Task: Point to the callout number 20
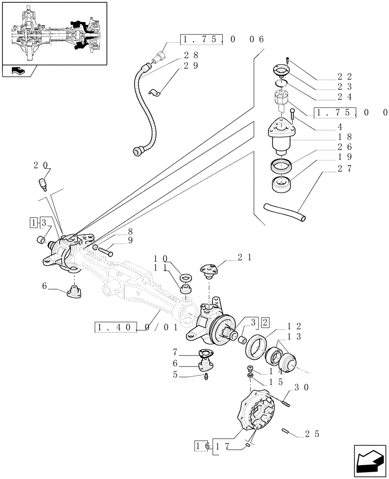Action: (41, 165)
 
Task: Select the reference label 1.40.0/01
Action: (136, 328)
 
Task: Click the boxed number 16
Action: (201, 445)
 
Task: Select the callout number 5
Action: (180, 376)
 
